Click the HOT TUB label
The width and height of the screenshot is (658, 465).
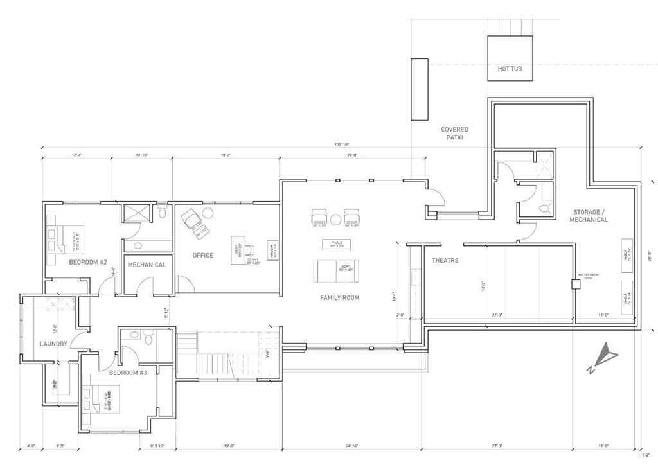coord(510,69)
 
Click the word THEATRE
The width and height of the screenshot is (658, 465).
coord(443,261)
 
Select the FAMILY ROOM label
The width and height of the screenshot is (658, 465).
coord(340,297)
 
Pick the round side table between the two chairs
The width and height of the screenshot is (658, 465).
coord(336,217)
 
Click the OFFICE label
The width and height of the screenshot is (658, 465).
coord(202,256)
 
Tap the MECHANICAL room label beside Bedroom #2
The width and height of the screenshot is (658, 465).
coord(147,265)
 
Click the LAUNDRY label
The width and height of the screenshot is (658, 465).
coord(53,344)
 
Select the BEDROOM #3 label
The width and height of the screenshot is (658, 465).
coord(129,373)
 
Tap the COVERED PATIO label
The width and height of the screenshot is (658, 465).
coord(454,134)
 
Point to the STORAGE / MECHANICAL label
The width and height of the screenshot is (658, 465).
coord(588,216)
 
